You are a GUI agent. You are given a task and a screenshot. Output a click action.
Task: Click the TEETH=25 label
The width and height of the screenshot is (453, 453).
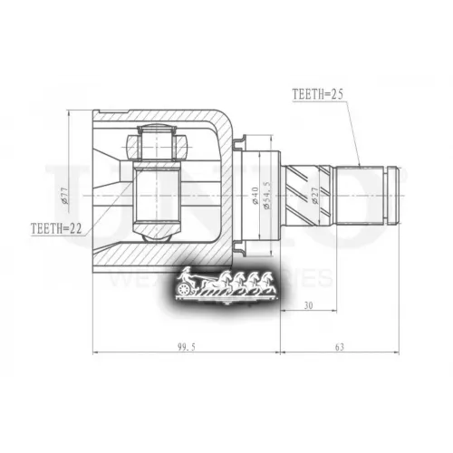(x=319, y=93)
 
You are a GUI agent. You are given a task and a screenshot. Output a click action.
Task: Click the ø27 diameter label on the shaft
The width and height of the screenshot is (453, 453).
(x=313, y=194)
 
